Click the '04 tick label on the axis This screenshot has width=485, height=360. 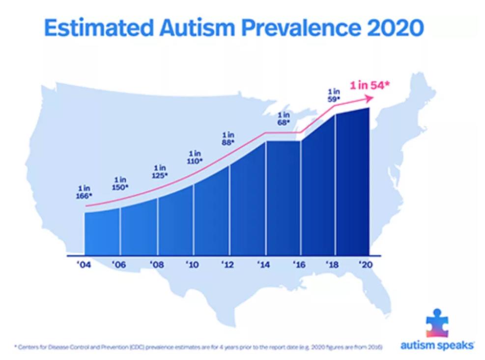click(85, 265)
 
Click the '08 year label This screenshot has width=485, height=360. click(156, 265)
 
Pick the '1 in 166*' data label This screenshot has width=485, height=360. click(84, 192)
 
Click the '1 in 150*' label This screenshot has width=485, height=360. click(120, 183)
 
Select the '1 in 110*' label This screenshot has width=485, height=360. click(195, 158)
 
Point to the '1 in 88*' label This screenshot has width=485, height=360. click(228, 138)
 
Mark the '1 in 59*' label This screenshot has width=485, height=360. click(334, 95)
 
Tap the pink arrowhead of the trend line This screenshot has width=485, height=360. click(371, 98)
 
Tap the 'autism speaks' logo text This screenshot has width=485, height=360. click(437, 346)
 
